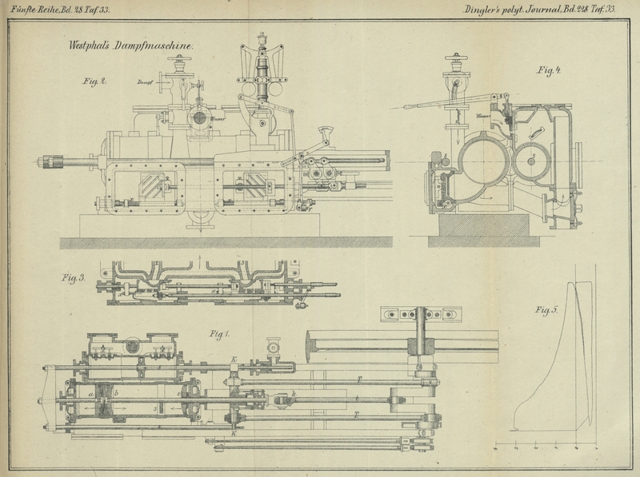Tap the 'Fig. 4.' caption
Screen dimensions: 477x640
548,71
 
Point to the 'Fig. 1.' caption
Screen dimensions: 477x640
219,332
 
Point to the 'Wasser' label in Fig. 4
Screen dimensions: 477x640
483,117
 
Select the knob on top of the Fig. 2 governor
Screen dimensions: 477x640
262,36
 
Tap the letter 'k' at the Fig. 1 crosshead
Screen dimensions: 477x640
294,394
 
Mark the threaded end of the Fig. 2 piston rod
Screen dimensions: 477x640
55,162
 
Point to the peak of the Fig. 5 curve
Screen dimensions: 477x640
574,284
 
